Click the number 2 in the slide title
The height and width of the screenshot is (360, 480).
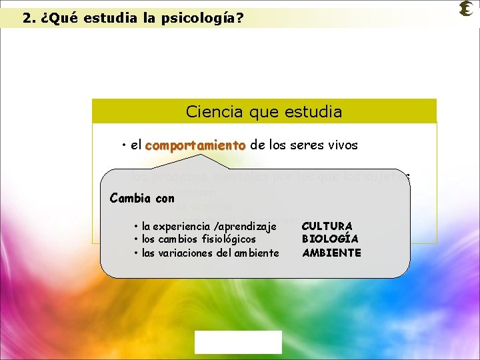(x=27, y=18)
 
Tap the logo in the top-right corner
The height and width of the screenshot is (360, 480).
(x=466, y=9)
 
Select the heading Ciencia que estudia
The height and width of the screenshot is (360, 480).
(x=264, y=111)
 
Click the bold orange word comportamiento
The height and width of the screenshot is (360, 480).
(x=195, y=145)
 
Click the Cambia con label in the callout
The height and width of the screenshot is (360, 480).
(x=142, y=198)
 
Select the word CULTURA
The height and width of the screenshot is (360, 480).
(x=327, y=226)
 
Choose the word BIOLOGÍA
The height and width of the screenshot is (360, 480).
(x=330, y=239)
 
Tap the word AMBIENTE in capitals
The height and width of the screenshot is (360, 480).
(x=331, y=253)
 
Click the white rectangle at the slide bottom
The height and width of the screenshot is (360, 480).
(x=238, y=342)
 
